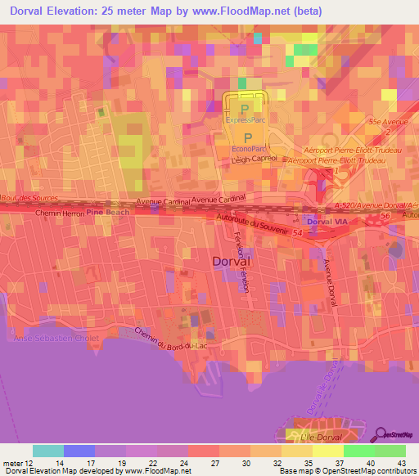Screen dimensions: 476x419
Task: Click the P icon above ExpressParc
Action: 246,108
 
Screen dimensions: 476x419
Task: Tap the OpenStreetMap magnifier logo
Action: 381,434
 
